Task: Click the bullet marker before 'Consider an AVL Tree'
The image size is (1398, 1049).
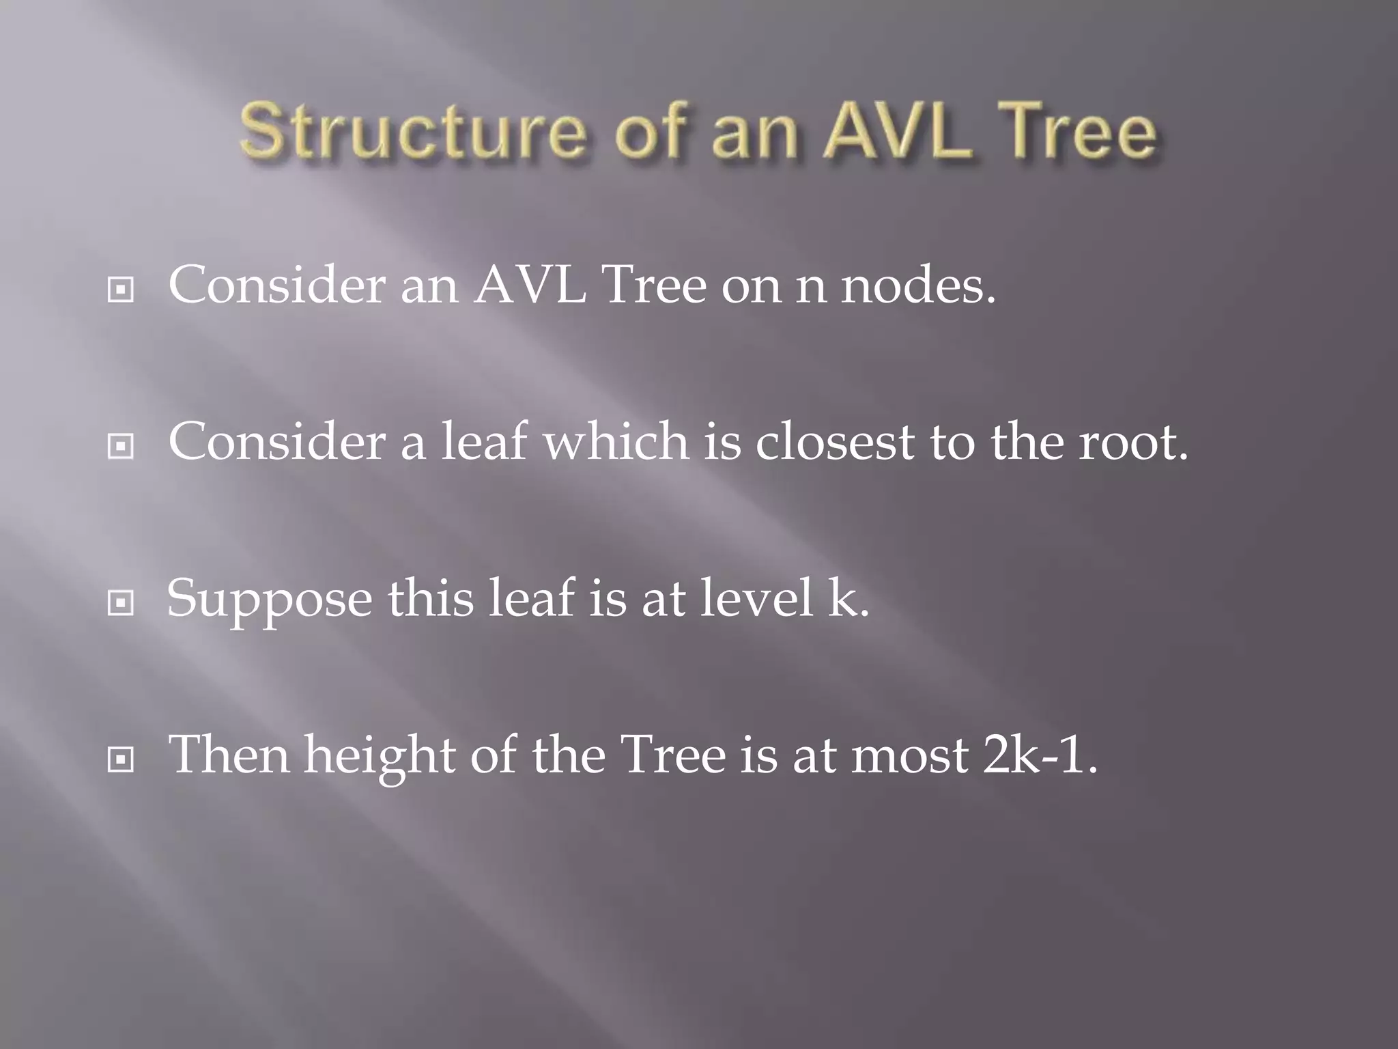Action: point(121,290)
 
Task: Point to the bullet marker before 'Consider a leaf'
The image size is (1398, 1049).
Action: point(121,447)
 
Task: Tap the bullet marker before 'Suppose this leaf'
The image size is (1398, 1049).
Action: point(121,603)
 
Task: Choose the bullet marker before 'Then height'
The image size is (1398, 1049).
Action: point(121,759)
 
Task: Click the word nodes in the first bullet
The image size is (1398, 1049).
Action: point(918,285)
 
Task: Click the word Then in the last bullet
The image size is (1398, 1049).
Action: point(229,755)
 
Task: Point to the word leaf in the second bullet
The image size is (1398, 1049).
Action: point(483,442)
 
